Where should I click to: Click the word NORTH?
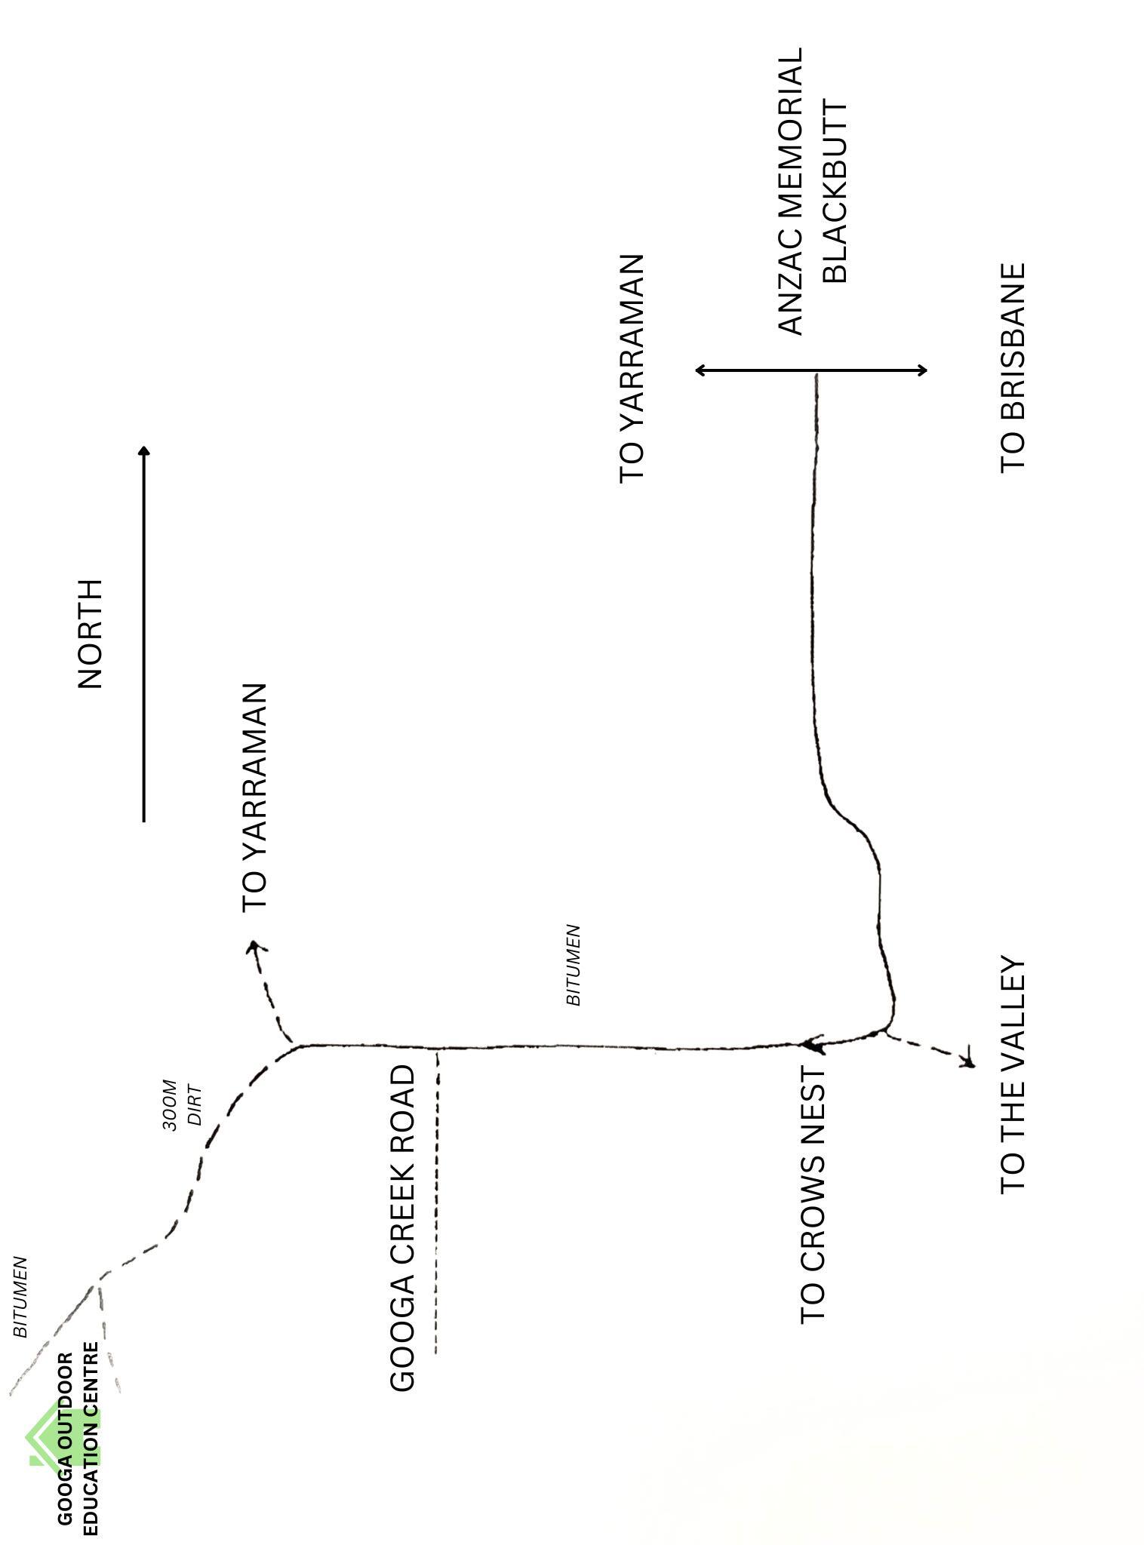click(x=90, y=634)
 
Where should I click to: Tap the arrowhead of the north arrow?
click(x=144, y=450)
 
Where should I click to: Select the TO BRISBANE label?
click(x=1013, y=367)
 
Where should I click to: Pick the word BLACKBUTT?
click(x=835, y=192)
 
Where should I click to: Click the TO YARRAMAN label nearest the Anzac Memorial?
click(x=632, y=367)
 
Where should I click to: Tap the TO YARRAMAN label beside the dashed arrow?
click(x=254, y=797)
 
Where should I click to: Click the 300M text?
click(x=170, y=1105)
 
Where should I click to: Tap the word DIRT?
click(x=195, y=1105)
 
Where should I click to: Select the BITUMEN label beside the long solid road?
click(x=574, y=964)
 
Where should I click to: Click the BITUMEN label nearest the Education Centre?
click(x=20, y=1297)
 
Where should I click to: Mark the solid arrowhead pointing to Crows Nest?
click(x=810, y=1045)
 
